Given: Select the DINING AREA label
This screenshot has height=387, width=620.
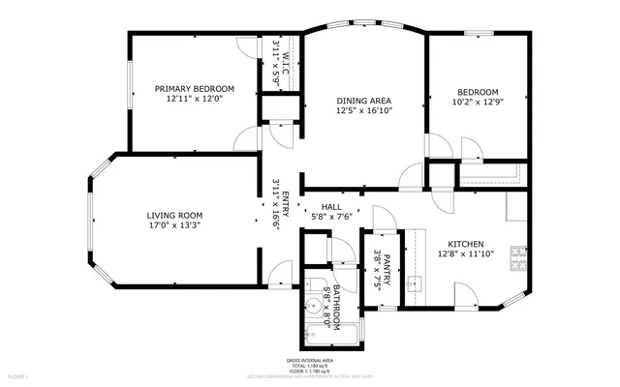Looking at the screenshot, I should coord(363,101).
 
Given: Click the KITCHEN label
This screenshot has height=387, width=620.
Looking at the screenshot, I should coord(465,244).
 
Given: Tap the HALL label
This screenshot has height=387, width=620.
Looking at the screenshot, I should coord(331,206).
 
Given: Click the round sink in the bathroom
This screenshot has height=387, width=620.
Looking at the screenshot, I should coord(313,308).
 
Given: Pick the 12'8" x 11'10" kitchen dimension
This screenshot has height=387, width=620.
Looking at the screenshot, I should coord(465,254).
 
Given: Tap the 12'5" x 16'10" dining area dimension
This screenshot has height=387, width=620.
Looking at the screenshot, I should coord(363,111).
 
